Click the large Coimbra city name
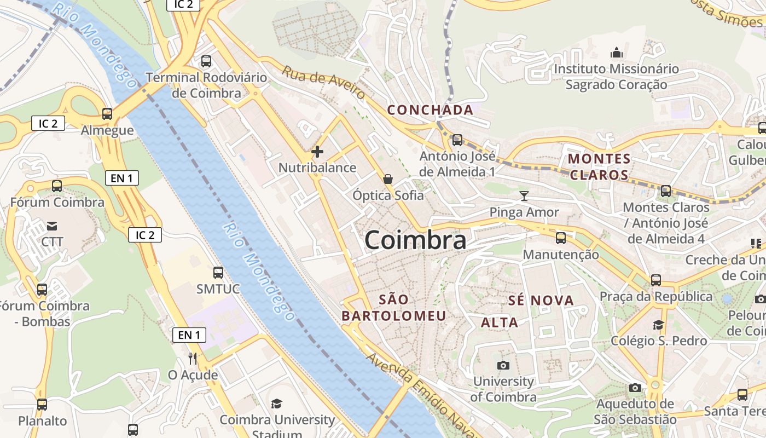415,240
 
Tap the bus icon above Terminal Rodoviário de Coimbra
206,61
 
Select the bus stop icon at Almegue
107,114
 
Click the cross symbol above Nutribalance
317,152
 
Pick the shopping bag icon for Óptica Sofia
388,179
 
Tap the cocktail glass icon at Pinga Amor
524,196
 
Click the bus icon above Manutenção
561,238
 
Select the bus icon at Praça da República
656,280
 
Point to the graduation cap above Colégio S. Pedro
659,325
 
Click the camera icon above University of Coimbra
503,365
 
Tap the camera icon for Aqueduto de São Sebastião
635,388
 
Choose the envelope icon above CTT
52,226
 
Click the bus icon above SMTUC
218,272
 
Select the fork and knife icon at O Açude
193,359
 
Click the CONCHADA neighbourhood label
431,110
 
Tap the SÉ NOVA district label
541,300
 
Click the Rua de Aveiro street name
323,83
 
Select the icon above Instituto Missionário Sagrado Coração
617,53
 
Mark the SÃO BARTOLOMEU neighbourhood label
394,308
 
